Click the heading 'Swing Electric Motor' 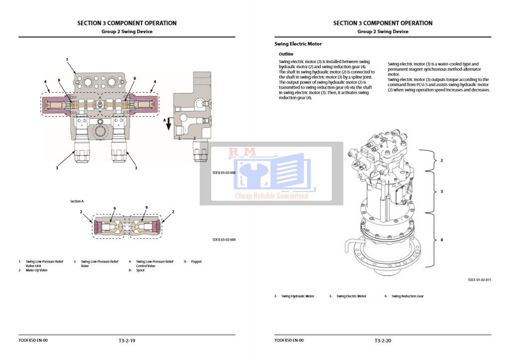click(298, 44)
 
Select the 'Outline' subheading click(286, 54)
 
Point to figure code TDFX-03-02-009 click(224, 240)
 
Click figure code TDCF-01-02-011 click(479, 280)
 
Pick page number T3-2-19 click(127, 341)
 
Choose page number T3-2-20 click(383, 341)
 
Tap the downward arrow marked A click(169, 124)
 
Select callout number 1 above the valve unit click(67, 60)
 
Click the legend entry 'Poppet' click(196, 262)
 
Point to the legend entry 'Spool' click(140, 270)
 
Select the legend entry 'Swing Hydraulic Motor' click(298, 296)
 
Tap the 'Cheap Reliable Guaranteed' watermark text click(271, 196)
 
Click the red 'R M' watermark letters click(242, 152)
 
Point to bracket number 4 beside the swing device click(441, 240)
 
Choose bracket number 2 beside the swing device click(441, 161)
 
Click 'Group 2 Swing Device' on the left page click(127, 31)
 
